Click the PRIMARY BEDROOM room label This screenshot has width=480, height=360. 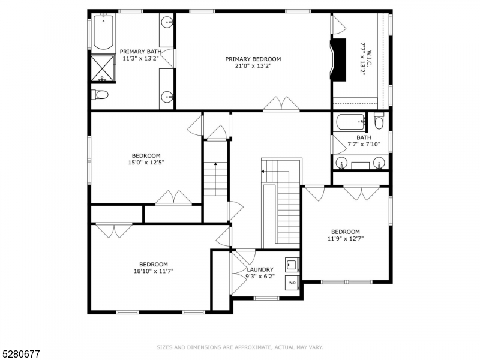253,59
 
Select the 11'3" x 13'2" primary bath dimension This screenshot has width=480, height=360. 141,59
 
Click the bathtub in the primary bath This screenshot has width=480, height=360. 104,32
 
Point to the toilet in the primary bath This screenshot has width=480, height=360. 100,94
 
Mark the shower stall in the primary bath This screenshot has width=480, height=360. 103,68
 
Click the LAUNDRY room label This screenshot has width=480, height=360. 260,269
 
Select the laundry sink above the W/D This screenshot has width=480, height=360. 292,263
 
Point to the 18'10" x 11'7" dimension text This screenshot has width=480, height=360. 154,271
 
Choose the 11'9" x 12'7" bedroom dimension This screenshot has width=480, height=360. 346,239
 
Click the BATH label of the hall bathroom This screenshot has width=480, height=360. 364,137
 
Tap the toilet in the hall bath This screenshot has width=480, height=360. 379,121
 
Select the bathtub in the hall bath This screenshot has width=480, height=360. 350,122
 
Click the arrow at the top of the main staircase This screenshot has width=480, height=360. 263,172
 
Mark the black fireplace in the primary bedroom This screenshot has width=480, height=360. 339,59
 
